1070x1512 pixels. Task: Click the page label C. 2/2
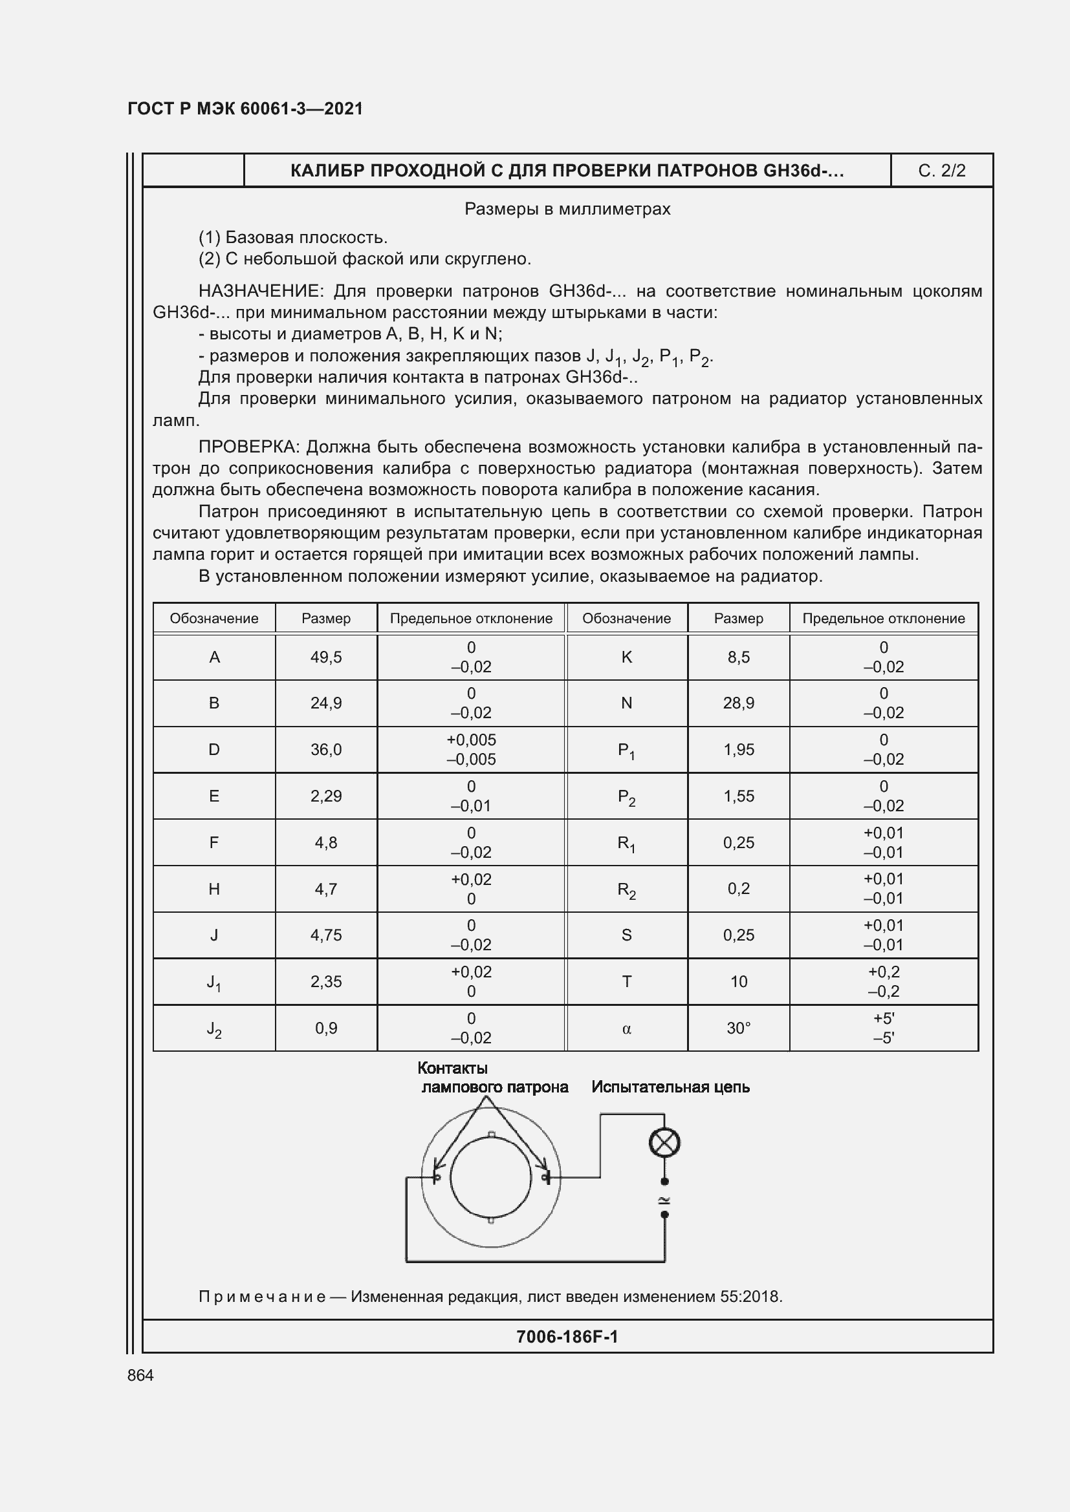941,171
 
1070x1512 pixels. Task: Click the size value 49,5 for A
326,657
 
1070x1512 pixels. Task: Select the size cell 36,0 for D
326,749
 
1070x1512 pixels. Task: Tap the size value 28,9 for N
739,703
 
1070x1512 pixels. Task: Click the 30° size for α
739,1028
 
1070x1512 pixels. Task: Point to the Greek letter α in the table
626,1028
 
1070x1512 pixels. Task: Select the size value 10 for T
739,982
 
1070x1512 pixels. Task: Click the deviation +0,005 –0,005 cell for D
471,749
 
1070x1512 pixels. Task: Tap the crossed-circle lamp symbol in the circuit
664,1142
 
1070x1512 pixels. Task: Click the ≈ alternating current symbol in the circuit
664,1199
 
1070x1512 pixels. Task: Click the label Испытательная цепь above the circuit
670,1087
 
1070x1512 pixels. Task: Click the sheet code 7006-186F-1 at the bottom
567,1336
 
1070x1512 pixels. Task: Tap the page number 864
140,1375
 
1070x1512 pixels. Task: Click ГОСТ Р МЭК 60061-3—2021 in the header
245,109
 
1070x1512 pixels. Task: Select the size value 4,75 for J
326,935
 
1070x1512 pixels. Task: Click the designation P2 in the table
626,797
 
